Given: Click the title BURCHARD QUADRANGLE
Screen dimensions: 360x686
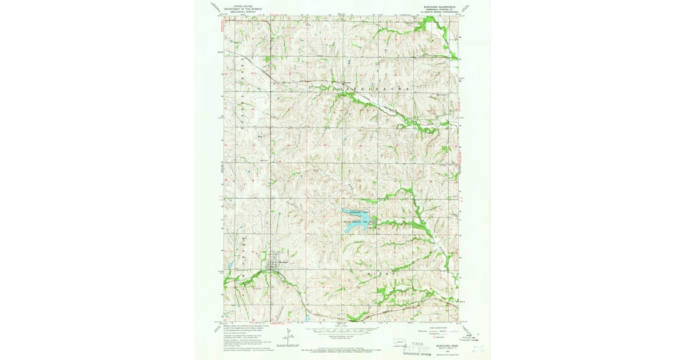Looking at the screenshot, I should pos(437,7).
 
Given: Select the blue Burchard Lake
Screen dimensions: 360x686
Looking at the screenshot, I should pos(356,225).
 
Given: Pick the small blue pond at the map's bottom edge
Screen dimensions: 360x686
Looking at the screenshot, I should pos(307,318).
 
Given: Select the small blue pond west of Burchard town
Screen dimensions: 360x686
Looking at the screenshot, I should pos(230,266).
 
